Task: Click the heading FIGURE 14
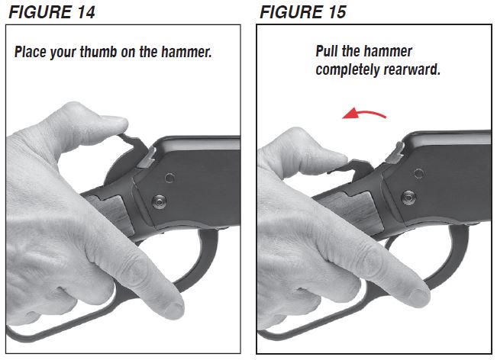tap(53, 11)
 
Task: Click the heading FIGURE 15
tap(302, 11)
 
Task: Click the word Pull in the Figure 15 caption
tap(330, 52)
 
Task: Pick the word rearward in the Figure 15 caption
tap(416, 69)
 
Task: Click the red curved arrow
tap(364, 114)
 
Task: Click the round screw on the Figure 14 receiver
tap(159, 201)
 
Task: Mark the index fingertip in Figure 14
tap(173, 308)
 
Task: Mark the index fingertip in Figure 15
tap(421, 296)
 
